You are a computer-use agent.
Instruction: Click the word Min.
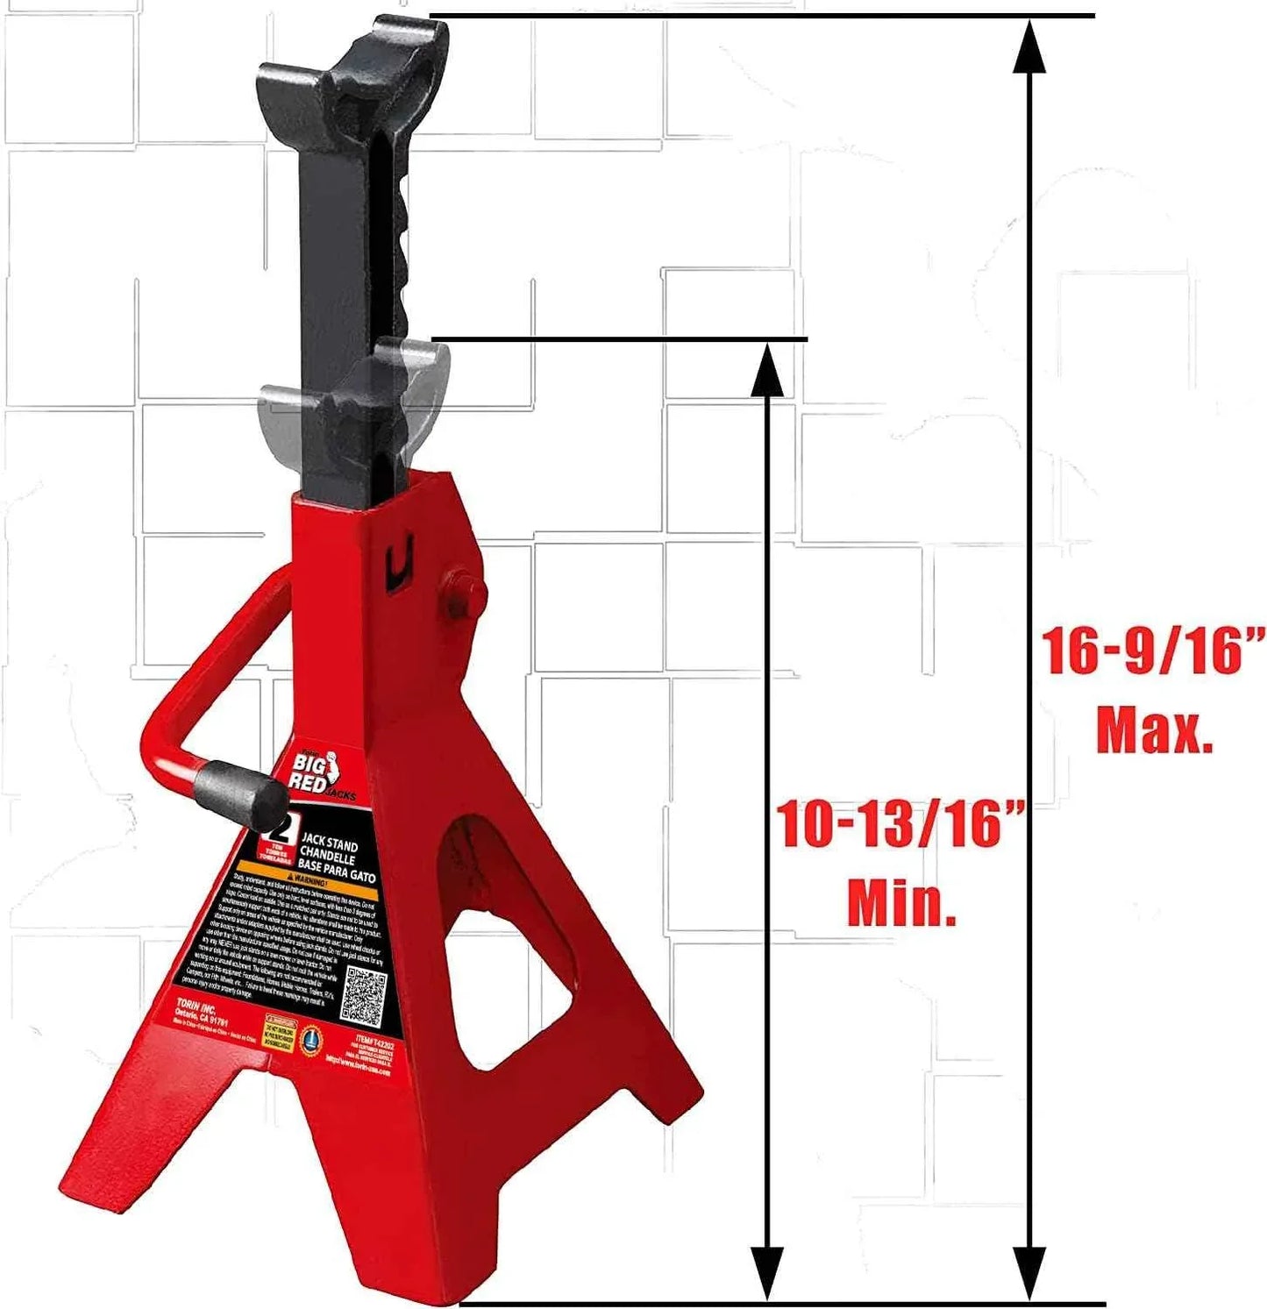pyautogui.click(x=901, y=903)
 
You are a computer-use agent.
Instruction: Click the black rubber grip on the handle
pyautogui.click(x=240, y=793)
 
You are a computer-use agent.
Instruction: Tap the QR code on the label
pyautogui.click(x=362, y=994)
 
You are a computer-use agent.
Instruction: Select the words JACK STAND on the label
pyautogui.click(x=329, y=843)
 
